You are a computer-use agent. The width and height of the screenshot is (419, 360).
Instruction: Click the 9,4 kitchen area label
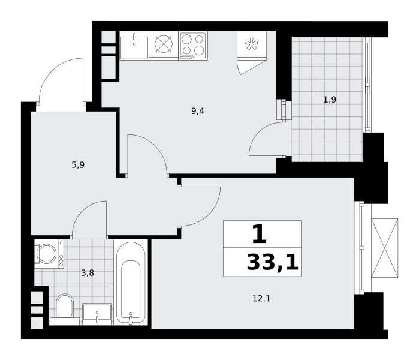coord(198,111)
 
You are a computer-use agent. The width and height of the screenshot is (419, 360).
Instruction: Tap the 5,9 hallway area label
coord(78,165)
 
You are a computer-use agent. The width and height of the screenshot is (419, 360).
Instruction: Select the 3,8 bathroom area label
coord(88,274)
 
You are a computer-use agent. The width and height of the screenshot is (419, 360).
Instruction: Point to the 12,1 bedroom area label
coord(261,298)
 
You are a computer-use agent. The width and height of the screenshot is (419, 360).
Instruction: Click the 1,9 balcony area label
coord(330,100)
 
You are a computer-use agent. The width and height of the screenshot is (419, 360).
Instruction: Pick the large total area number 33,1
coord(272,263)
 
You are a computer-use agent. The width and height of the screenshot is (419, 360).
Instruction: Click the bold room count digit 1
coord(260,234)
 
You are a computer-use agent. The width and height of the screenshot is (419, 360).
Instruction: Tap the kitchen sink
coord(134,46)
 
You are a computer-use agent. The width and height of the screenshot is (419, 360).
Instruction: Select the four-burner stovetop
coord(193,46)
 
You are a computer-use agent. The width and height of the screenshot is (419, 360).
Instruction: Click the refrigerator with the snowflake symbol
coord(252,44)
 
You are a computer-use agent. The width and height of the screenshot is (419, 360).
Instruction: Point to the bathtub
coord(131,283)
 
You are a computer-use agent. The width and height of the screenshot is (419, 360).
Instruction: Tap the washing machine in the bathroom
coord(49,254)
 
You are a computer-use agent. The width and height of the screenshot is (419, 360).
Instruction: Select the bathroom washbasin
coord(97,314)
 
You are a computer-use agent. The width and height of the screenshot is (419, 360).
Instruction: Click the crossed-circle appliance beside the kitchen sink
coord(164,44)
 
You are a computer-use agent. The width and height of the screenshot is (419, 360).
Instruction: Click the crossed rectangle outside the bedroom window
coord(384,248)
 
